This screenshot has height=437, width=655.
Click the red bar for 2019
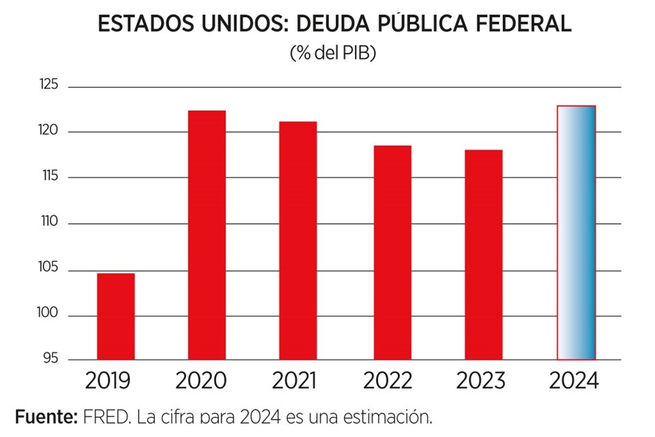tap(115, 316)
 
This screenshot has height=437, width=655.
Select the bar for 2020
tap(207, 235)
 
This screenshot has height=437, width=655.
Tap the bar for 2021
tap(297, 240)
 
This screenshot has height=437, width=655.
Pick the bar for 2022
tap(392, 252)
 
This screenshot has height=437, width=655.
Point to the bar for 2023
tap(484, 254)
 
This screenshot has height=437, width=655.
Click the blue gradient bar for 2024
tap(577, 232)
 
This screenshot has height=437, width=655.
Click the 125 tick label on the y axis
tap(48, 85)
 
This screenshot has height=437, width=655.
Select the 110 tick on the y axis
tap(48, 223)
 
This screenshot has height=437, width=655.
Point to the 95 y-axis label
tap(52, 358)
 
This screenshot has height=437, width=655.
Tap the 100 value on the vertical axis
tap(48, 315)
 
